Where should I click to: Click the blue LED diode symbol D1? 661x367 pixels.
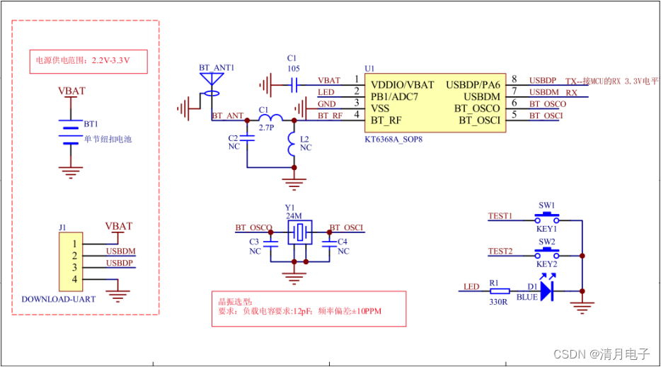coord(546,290)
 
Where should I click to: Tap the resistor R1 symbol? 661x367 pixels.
coord(500,290)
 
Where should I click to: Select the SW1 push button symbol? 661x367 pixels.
coord(546,216)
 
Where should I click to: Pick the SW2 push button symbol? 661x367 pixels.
coord(546,252)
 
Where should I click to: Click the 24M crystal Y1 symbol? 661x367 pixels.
coord(300,231)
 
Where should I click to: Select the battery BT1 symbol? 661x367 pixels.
coord(69,133)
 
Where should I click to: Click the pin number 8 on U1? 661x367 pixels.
coord(515,79)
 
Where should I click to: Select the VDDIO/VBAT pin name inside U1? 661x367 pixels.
coord(403,85)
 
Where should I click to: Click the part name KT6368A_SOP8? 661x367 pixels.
coord(395,140)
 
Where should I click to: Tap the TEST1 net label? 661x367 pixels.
coord(500,215)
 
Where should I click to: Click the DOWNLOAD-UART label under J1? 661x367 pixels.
coord(59,299)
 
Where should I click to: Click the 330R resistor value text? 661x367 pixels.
coord(499,302)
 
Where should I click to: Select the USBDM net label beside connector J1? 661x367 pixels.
coord(120,251)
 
